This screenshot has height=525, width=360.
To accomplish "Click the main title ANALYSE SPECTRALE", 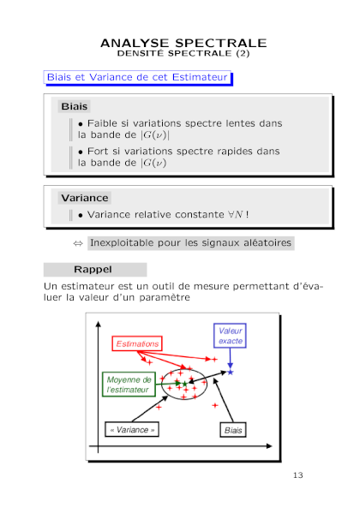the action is coord(183,43).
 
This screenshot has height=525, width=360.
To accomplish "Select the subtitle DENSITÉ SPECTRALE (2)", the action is coord(183,53).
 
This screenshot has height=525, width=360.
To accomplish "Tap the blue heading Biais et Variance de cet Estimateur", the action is coord(137,77).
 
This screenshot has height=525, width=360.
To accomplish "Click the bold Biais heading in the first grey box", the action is coord(74,106).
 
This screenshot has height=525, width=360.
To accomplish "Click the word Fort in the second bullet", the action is coord(98,151).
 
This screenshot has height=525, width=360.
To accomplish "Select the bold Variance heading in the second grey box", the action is coord(85,198).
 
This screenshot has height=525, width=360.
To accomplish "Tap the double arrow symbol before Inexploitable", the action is coord(78,243).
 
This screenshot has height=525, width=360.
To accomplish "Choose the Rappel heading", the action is coord(93,270).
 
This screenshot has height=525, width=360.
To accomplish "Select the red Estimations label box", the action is coord(137,343).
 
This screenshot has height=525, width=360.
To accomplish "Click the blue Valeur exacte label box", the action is coord(230,336).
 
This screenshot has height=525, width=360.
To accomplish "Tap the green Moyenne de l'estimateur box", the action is coord(129,385).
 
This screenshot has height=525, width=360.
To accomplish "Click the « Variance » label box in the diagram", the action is coord(132,430).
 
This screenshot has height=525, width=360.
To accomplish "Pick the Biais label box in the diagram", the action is coord(233,430).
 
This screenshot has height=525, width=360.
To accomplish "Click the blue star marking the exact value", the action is coord(231,373).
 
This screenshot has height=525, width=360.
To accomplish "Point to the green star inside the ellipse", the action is coord(184,384).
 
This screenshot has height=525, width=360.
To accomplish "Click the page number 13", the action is coord(298,475).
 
